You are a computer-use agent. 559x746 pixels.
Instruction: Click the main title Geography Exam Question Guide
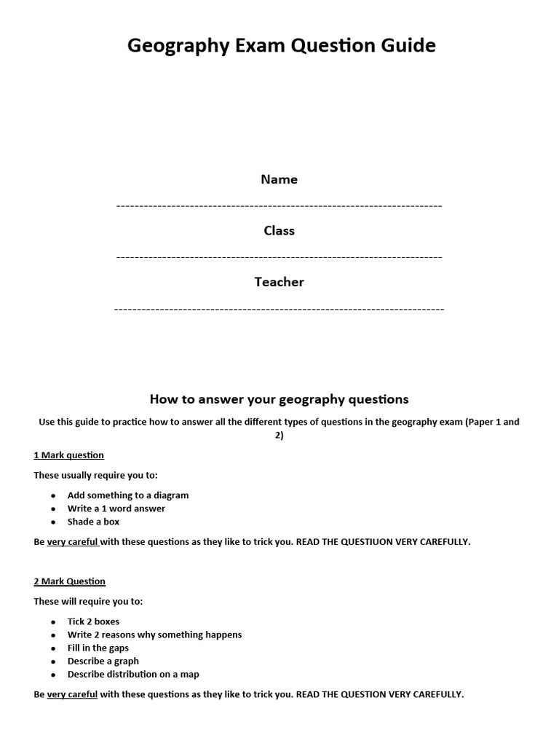click(282, 46)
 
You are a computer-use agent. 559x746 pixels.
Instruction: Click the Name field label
click(279, 179)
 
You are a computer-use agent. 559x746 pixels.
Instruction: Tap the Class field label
click(279, 230)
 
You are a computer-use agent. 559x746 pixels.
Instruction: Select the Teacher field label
click(279, 282)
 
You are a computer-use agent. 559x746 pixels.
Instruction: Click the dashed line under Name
click(279, 206)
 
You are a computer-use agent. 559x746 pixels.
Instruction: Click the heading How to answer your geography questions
click(279, 399)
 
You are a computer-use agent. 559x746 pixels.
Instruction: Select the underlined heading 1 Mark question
click(68, 455)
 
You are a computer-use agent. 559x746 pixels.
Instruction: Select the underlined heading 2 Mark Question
click(69, 581)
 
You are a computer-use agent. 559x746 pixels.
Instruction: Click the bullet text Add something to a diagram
click(127, 495)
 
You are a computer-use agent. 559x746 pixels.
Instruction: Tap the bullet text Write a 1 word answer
click(116, 509)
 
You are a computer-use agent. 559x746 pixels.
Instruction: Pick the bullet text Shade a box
click(93, 522)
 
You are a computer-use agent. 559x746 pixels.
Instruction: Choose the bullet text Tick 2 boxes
click(93, 621)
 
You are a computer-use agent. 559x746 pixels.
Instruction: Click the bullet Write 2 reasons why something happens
click(154, 635)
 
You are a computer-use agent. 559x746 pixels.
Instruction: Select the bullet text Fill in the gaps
click(98, 648)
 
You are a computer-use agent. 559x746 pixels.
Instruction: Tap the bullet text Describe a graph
click(103, 661)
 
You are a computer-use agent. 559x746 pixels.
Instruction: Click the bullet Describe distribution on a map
click(132, 674)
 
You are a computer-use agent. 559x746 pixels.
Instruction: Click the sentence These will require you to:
click(88, 602)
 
